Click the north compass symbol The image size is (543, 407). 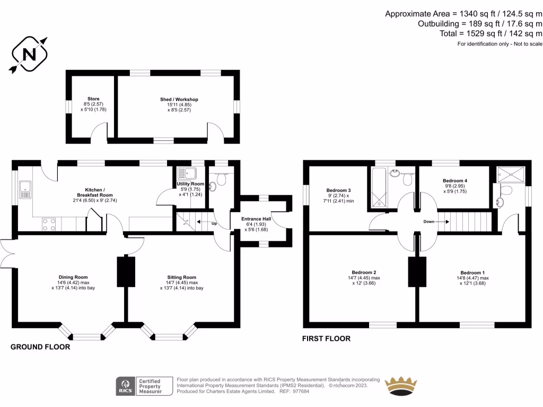click(x=29, y=54)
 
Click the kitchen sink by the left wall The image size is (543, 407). click(x=25, y=189)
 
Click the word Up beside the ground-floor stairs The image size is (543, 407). click(x=214, y=224)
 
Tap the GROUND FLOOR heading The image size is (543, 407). click(x=40, y=347)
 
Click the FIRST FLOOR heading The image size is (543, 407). click(x=326, y=338)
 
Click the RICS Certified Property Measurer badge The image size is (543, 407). click(x=145, y=386)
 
